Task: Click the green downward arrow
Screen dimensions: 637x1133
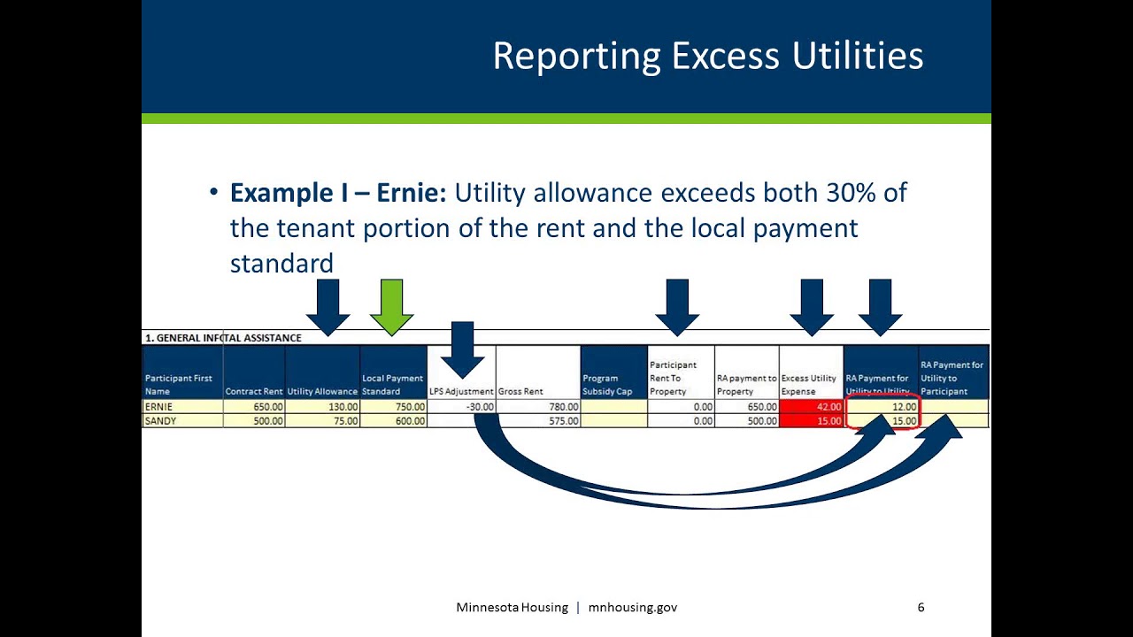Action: [391, 305]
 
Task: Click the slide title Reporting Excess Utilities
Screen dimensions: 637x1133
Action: [707, 56]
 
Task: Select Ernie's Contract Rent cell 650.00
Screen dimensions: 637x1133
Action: [254, 407]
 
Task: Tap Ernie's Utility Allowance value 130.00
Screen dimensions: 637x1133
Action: [322, 407]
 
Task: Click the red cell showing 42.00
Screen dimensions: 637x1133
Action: [811, 407]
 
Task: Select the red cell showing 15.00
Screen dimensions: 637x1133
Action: [811, 421]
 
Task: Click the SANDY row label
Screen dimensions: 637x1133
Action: [160, 421]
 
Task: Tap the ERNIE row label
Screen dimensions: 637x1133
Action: [159, 407]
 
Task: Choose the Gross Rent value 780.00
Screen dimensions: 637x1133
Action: [538, 407]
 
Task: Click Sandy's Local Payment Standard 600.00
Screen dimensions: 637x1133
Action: [393, 421]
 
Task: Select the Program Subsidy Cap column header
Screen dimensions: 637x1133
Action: [613, 384]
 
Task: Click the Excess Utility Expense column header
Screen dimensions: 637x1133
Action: [811, 384]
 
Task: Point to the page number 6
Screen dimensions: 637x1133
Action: [921, 607]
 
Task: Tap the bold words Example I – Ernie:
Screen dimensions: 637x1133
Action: [338, 193]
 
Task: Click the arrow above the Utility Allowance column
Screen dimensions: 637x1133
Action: [328, 305]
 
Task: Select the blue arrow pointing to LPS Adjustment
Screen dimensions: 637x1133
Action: [462, 349]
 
